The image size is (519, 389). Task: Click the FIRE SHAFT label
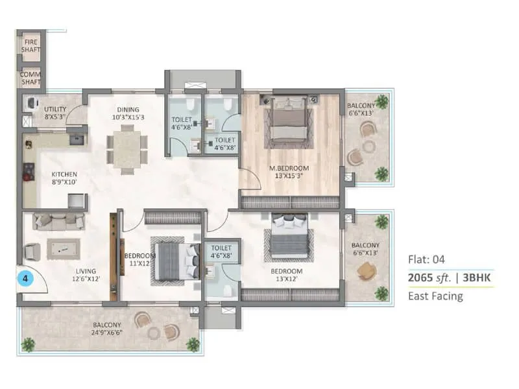(30, 45)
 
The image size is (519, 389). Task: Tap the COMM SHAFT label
(30, 78)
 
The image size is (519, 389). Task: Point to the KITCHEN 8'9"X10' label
(65, 178)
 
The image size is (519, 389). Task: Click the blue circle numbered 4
(25, 279)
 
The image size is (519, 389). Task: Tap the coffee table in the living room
(62, 248)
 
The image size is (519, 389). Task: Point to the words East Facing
(435, 296)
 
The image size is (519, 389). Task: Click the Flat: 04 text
(426, 260)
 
